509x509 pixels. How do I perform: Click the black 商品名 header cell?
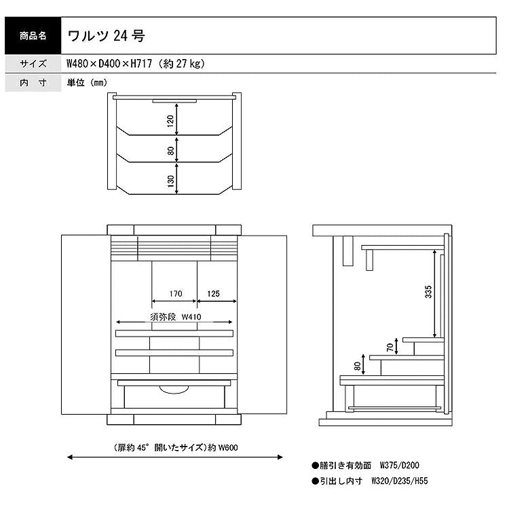pos(33,35)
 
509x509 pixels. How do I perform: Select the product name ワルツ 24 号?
pos(106,36)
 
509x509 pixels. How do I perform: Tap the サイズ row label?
pos(33,64)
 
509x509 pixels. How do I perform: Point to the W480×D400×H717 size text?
pos(109,64)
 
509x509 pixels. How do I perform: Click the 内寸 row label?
pos(33,83)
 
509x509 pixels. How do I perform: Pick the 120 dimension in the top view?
pos(171,121)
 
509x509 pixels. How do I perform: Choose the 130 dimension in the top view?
pos(171,181)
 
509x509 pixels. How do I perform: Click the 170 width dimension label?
pos(176,294)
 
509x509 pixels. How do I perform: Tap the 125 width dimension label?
pos(213,294)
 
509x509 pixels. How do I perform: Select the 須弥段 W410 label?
pos(176,316)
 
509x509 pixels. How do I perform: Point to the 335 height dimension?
pos(428,292)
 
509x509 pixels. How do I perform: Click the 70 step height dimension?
pos(390,347)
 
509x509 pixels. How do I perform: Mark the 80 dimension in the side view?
pos(358,366)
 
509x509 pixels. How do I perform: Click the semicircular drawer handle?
pos(174,390)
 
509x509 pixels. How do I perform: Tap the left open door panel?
pos(86,324)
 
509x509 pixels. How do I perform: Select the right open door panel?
pos(262,324)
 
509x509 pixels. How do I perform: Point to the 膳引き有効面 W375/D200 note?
pos(365,466)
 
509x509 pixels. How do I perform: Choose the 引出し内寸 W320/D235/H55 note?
pos(370,480)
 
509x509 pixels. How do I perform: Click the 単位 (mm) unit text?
pos(87,83)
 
